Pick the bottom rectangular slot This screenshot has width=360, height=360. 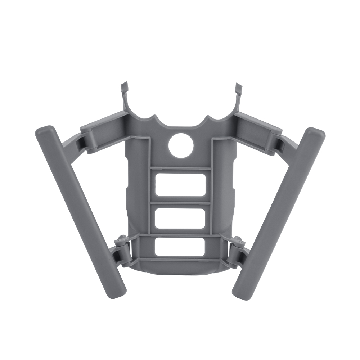(180, 247)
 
